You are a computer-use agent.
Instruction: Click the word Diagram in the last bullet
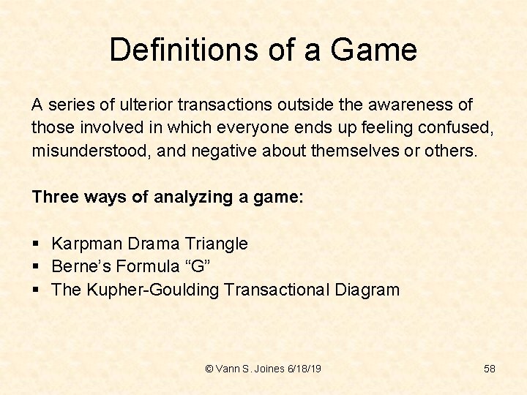(x=367, y=290)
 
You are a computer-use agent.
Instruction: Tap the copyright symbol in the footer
(x=209, y=369)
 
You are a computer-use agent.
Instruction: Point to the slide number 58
(x=490, y=369)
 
